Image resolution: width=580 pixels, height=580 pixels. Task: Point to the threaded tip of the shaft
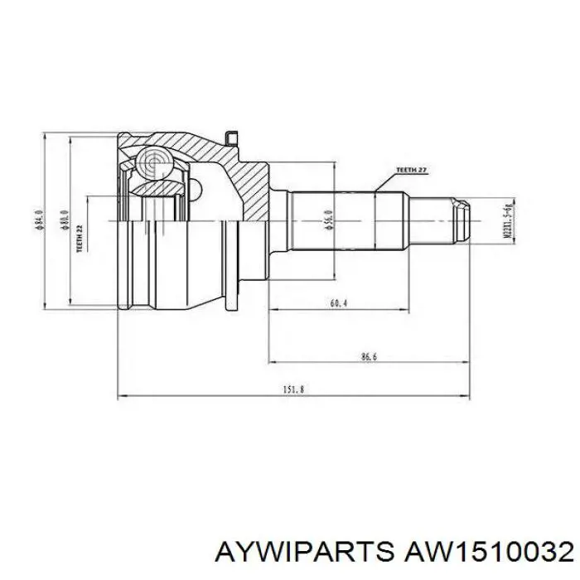pos(460,220)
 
